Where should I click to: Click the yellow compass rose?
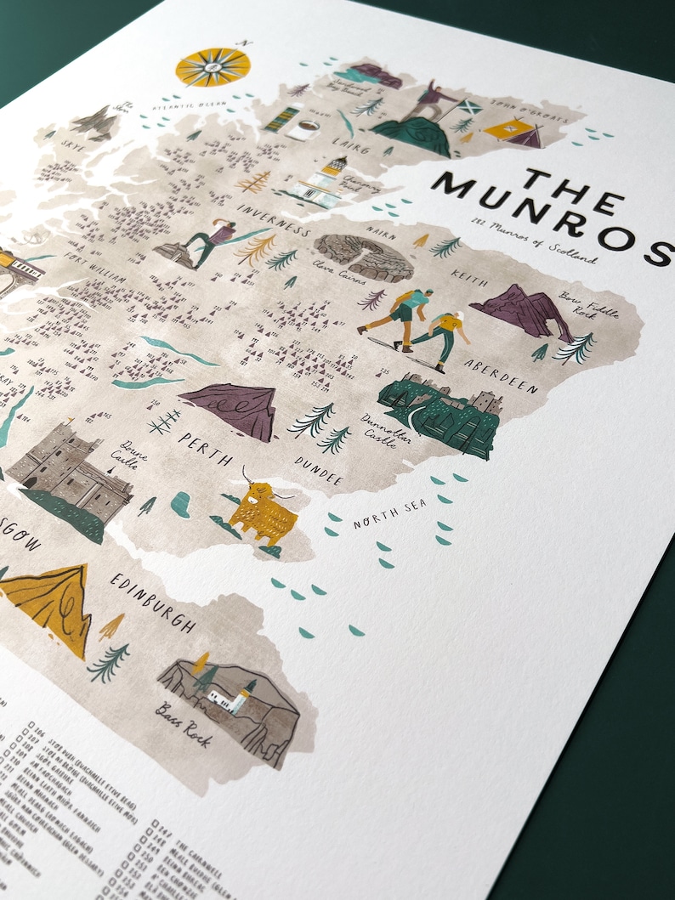point(213,66)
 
